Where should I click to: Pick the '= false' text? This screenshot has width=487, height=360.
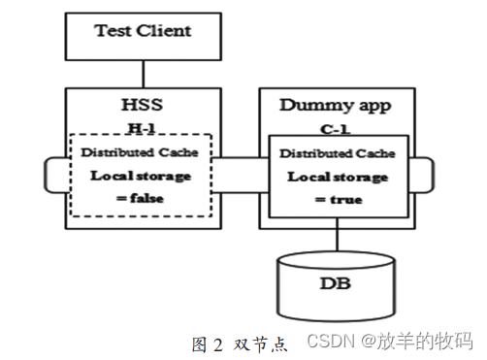pos(143,197)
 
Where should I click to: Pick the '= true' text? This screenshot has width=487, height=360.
pos(337,199)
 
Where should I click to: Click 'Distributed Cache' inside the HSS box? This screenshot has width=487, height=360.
pos(143,153)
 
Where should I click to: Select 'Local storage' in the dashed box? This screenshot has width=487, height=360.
pos(143,176)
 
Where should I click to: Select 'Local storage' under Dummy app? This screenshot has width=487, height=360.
pos(337,178)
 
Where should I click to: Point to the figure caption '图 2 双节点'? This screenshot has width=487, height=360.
pos(240,343)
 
